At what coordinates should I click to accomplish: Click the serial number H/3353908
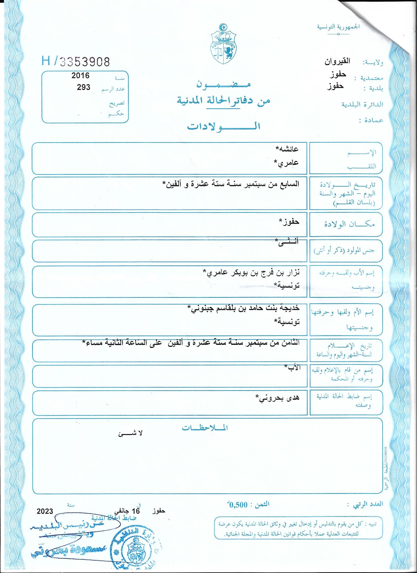click(x=76, y=61)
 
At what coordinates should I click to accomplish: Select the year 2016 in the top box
click(x=80, y=75)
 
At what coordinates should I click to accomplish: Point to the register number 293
click(x=83, y=87)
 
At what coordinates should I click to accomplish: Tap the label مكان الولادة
click(x=350, y=224)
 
